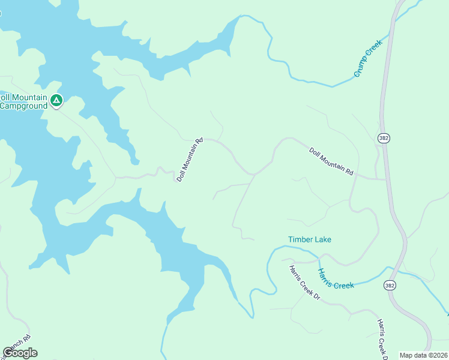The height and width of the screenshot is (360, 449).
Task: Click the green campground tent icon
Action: pyautogui.click(x=56, y=100)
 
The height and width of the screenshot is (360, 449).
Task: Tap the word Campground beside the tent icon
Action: pyautogui.click(x=23, y=106)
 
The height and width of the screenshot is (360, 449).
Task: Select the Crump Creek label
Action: pyautogui.click(x=367, y=62)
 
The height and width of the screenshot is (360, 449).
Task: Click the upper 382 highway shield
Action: pyautogui.click(x=384, y=138)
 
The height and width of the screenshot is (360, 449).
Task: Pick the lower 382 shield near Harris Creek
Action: pyautogui.click(x=390, y=286)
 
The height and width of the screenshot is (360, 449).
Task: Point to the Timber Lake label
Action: pyautogui.click(x=309, y=239)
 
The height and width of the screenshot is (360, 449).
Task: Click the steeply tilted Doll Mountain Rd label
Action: pyautogui.click(x=190, y=160)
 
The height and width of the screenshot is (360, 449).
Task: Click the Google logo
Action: pyautogui.click(x=20, y=353)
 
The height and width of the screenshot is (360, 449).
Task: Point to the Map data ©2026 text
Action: pyautogui.click(x=423, y=355)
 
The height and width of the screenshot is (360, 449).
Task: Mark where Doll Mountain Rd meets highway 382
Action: pyautogui.click(x=386, y=179)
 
